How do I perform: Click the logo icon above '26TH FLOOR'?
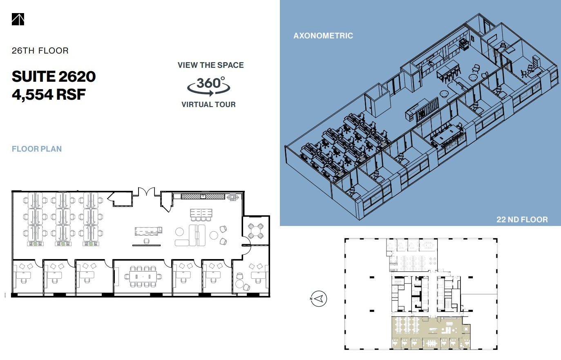pos(18,19)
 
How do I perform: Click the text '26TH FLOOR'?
pos(40,51)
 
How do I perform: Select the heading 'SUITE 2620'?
pos(54,76)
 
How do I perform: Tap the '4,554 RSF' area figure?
pos(49,94)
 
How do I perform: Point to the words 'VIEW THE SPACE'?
pos(210,65)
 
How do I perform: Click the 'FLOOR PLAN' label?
pos(37,149)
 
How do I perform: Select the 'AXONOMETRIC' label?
pos(323,36)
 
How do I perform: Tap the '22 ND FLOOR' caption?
pos(522,219)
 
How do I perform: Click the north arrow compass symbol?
pos(319,299)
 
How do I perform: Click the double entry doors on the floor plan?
pos(146,192)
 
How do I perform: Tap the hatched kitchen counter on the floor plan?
pos(203,197)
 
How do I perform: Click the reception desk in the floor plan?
pos(147,231)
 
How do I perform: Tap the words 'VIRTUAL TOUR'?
pos(208,105)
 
